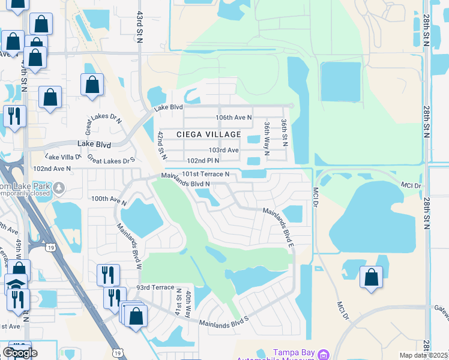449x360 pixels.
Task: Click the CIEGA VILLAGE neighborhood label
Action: tap(208, 134)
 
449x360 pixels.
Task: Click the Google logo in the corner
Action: tap(20, 353)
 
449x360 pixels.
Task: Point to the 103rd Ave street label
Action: tap(223, 149)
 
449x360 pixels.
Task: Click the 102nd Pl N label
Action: tap(203, 161)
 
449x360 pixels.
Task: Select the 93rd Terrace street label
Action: tap(156, 289)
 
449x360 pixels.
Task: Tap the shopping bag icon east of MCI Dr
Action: tap(372, 278)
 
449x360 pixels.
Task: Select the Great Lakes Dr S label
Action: tap(111, 158)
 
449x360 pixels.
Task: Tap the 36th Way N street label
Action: tap(267, 137)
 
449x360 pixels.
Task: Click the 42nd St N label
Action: tap(161, 145)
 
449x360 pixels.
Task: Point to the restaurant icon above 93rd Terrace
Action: tap(108, 275)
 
